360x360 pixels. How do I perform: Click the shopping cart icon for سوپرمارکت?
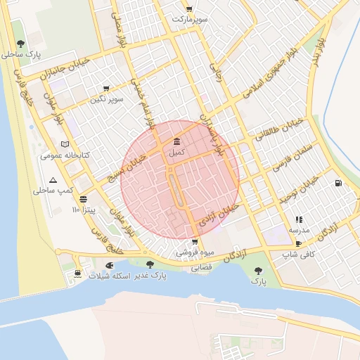pos(189,9)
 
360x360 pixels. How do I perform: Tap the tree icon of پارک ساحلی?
pos(20,44)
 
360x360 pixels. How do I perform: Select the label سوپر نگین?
pos(106,99)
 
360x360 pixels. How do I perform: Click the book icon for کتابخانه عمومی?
pos(65,144)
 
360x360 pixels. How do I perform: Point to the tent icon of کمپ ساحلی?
pos(53,180)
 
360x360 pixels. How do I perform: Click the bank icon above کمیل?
pos(175,141)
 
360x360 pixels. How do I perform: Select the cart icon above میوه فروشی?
pos(195,241)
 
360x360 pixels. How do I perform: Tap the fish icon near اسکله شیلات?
pos(109,265)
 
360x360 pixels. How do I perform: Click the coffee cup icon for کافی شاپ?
pos(299,244)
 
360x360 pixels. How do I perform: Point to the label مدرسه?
pos(298,230)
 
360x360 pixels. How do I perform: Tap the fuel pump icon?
pos(338,184)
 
